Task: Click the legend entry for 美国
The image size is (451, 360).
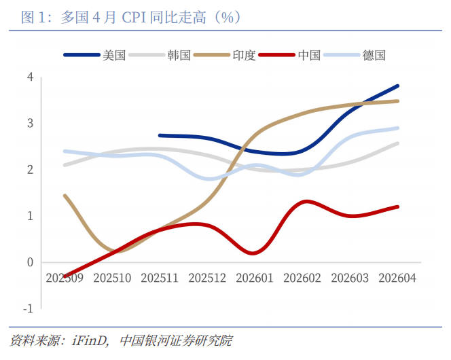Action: click(x=94, y=55)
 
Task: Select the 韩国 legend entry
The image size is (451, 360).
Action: click(x=160, y=55)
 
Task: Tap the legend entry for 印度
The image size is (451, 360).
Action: click(x=225, y=55)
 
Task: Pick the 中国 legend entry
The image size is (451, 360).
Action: click(x=289, y=55)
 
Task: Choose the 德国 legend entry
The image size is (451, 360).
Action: click(x=355, y=55)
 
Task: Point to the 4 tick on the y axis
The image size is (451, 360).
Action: click(x=30, y=77)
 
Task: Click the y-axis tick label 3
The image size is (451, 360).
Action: click(x=30, y=124)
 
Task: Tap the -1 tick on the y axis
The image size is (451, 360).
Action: click(x=29, y=309)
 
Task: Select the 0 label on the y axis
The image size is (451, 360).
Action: click(x=30, y=262)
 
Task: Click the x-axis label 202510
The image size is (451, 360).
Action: click(x=112, y=278)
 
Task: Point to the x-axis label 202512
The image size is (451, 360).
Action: click(x=207, y=278)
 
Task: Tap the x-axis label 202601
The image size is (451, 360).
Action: click(x=255, y=278)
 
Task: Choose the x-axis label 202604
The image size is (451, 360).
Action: click(x=397, y=278)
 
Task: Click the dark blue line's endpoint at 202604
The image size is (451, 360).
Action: click(x=398, y=86)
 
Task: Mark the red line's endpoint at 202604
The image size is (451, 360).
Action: click(x=398, y=207)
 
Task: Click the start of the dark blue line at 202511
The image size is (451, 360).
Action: click(x=160, y=135)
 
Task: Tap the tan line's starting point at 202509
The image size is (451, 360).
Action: click(x=65, y=196)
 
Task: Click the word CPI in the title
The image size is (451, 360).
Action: click(x=134, y=18)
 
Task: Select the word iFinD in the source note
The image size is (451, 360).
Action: click(x=90, y=341)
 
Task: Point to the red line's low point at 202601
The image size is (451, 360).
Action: click(x=253, y=253)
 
